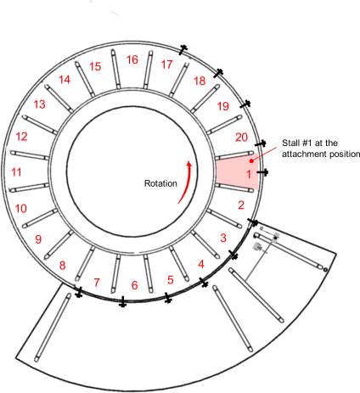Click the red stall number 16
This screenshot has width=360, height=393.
pos(132,59)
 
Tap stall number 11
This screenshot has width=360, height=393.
pos(16,172)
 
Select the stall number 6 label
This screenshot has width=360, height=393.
pos(135,285)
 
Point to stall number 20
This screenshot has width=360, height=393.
pos(241,138)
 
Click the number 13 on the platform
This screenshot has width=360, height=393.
pos(39,104)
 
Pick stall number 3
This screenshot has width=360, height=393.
pos(223,238)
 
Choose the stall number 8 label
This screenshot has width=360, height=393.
pos(62,266)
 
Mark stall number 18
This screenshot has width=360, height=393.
pos(200,81)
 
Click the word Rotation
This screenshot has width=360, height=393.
pos(160,183)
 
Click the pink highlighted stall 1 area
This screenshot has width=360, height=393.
pos(237,171)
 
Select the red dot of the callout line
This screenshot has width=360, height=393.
pos(251,161)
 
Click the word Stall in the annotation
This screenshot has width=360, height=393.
pos(290,143)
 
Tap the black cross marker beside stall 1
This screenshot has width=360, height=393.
pos(262,172)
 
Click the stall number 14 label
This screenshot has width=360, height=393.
pos(65,80)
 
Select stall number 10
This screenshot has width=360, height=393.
pos(20,209)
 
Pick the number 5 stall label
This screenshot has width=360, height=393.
pos(171,280)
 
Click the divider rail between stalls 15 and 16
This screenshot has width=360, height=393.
pos(115,70)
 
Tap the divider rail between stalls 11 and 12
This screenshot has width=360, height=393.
pos(30,155)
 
